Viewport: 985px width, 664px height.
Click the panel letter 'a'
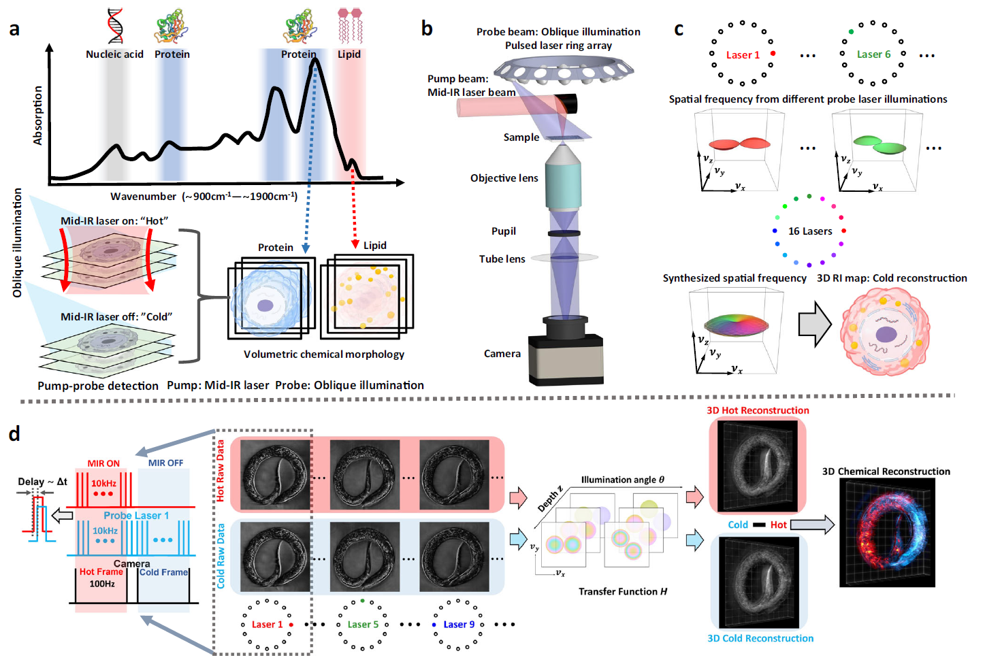[14, 29]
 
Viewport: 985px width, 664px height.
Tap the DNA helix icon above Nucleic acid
[114, 26]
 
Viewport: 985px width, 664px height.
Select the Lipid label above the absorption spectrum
[349, 54]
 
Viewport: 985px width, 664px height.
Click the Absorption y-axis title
[38, 115]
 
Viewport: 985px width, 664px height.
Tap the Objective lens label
[504, 178]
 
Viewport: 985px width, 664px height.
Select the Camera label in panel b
[502, 354]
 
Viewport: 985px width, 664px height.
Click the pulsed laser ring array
[564, 69]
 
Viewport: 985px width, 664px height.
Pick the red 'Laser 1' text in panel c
[743, 55]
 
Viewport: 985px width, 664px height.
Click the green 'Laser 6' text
[873, 54]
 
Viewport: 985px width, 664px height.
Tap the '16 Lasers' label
[810, 231]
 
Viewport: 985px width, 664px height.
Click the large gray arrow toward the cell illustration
[814, 324]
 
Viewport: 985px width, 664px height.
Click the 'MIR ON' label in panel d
[103, 463]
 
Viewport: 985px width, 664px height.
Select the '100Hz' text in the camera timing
[102, 584]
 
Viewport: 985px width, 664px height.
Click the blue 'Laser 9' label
[459, 625]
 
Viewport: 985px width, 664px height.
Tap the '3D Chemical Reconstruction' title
[886, 471]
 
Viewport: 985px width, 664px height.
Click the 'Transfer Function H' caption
[622, 592]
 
